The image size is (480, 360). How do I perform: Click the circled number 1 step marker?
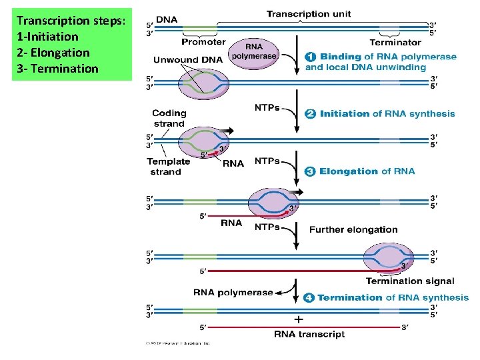(311, 57)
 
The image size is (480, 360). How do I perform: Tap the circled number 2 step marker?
(311, 114)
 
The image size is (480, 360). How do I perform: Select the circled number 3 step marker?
(311, 171)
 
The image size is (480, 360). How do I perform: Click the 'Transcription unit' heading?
(308, 14)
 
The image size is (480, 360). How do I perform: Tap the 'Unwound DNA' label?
(188, 59)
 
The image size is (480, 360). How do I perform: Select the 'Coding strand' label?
(169, 119)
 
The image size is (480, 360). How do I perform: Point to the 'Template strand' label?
(168, 166)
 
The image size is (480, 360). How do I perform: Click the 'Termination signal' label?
(409, 281)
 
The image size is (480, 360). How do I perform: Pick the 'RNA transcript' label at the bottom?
(310, 334)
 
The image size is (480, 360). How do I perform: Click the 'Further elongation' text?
(353, 229)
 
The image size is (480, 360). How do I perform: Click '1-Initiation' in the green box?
(47, 37)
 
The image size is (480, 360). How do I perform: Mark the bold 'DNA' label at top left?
(167, 19)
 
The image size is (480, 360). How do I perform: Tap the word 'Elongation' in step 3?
(348, 171)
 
